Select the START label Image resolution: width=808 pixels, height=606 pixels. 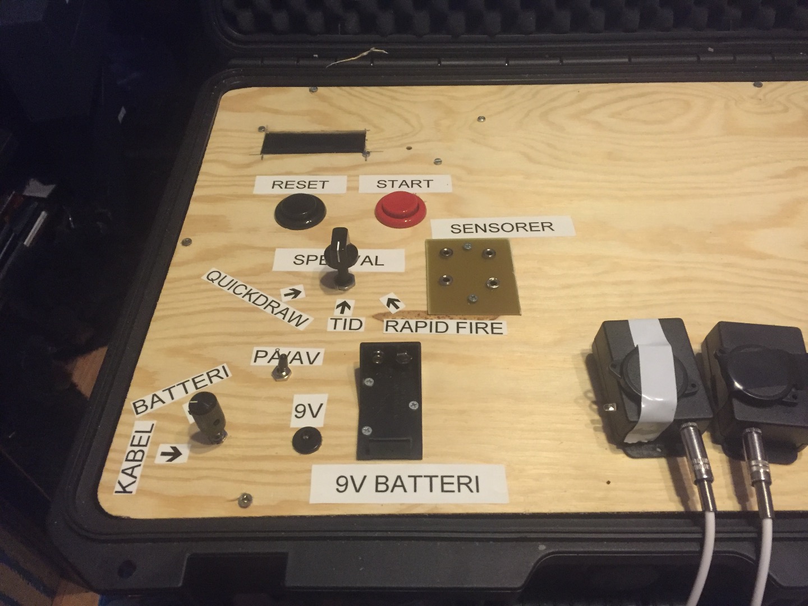tap(404, 183)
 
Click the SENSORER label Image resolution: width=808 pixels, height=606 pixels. tap(502, 227)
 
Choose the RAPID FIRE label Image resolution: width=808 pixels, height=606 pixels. tap(443, 326)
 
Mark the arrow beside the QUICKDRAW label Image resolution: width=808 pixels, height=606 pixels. tap(292, 292)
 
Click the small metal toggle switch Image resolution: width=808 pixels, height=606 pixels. tap(277, 372)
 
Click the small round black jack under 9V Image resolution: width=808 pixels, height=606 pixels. tap(307, 438)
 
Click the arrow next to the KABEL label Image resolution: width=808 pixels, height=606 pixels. tap(171, 453)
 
